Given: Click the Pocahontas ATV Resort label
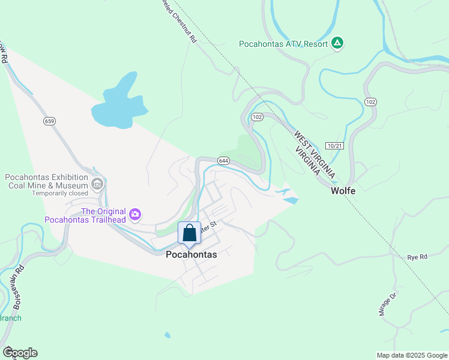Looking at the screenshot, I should click(x=283, y=44).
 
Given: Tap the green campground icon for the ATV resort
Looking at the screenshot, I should click(x=337, y=43).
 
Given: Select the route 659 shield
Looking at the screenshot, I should click(x=50, y=121).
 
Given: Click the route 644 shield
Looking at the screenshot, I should click(x=223, y=161).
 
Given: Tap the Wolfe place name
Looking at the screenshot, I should click(x=343, y=191).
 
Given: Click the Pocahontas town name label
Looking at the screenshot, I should click(x=191, y=254).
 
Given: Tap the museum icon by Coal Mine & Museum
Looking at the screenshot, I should click(x=97, y=182).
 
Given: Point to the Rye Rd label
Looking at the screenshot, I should click(x=417, y=257).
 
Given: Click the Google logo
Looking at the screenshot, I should click(x=20, y=353).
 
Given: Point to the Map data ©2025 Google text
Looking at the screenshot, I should click(x=411, y=355).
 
